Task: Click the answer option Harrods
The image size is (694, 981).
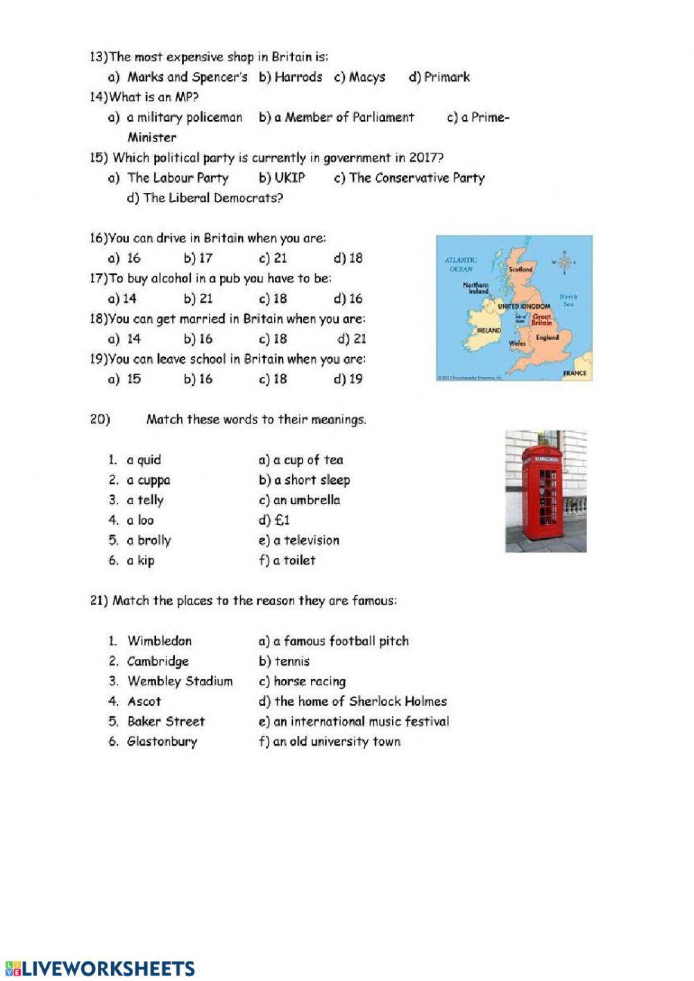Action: (x=298, y=77)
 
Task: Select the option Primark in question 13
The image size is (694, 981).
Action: (x=446, y=77)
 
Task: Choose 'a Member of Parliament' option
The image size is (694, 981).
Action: (x=344, y=117)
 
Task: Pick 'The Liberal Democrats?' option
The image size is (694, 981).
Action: (x=212, y=198)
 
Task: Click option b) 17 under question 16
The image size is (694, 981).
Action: (x=205, y=258)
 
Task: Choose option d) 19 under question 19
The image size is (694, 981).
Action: (x=355, y=379)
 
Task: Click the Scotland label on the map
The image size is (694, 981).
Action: (x=520, y=269)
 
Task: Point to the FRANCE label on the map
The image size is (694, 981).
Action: (x=575, y=373)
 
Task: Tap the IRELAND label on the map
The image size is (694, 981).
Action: (x=489, y=330)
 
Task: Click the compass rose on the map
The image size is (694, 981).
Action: (x=564, y=262)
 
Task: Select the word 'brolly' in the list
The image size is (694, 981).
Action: (x=153, y=540)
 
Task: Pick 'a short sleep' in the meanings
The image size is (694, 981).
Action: (x=312, y=480)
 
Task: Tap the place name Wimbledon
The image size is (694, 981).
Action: (x=160, y=641)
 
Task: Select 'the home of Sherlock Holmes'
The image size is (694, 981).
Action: (x=360, y=701)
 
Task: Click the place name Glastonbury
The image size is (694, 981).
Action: (x=162, y=741)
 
